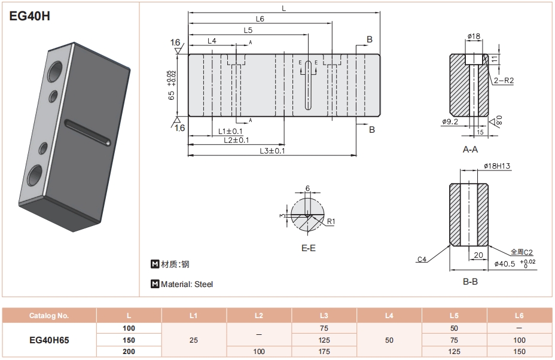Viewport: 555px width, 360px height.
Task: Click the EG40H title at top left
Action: tap(30, 17)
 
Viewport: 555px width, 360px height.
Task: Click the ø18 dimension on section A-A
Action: tap(474, 36)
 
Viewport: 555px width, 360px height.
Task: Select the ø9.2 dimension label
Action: tap(450, 122)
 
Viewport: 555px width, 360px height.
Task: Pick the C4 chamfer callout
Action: tap(422, 259)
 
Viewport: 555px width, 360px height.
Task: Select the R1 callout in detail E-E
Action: tap(330, 221)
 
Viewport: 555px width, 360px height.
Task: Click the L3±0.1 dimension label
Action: tap(272, 151)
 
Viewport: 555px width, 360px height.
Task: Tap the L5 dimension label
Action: tap(248, 30)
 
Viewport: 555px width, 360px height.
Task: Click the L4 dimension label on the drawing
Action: tap(212, 41)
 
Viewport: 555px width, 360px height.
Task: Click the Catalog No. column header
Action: tap(50, 316)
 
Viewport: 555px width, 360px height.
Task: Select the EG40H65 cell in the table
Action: tap(50, 340)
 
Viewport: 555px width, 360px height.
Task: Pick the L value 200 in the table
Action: tap(129, 352)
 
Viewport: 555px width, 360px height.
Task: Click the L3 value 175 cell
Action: tap(324, 352)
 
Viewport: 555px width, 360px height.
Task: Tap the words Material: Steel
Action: tap(186, 285)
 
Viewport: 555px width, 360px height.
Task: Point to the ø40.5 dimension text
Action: tap(505, 263)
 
